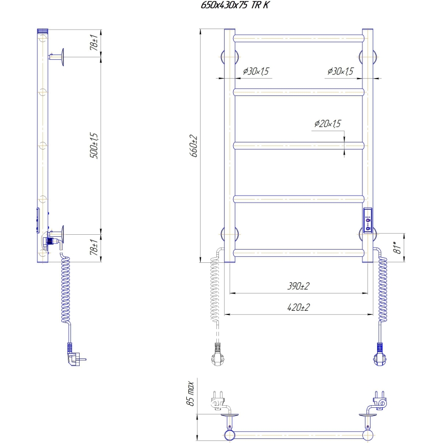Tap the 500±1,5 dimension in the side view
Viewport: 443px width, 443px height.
(x=94, y=145)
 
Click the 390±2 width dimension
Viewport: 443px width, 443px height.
(x=299, y=287)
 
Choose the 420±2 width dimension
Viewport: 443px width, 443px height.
(x=299, y=308)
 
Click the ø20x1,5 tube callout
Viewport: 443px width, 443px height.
(x=327, y=124)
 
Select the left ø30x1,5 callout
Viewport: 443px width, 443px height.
(x=256, y=71)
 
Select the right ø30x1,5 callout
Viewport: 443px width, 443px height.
(x=340, y=71)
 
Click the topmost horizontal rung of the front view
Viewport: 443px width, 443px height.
(x=299, y=38)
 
